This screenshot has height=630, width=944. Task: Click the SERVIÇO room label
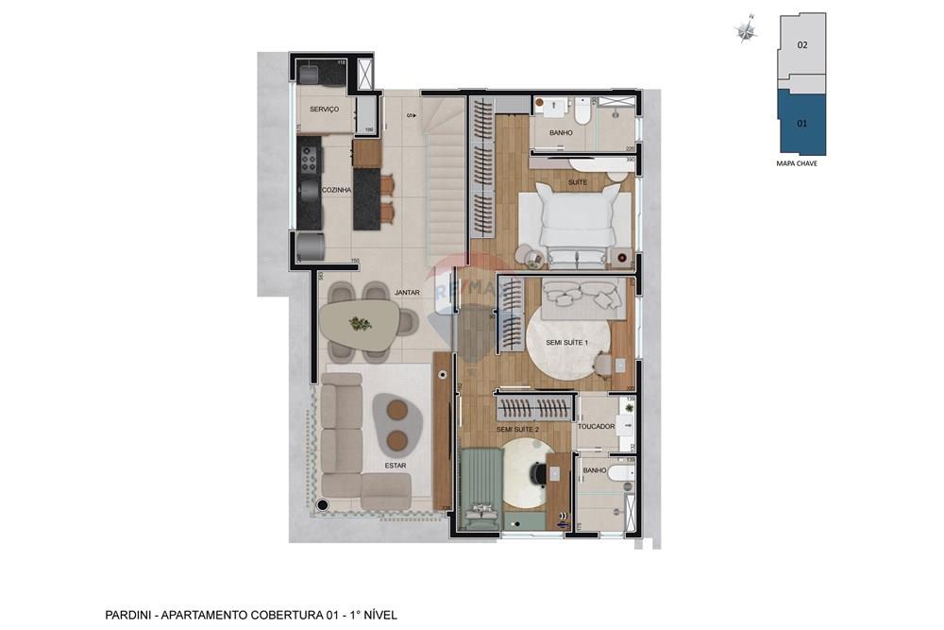click(x=324, y=110)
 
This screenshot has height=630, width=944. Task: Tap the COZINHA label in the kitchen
click(x=336, y=190)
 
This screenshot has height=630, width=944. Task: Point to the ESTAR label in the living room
click(x=396, y=465)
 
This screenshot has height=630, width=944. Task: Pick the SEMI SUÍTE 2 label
click(x=517, y=430)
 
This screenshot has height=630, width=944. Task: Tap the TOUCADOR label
click(x=597, y=427)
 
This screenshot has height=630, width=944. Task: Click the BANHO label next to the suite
click(x=561, y=133)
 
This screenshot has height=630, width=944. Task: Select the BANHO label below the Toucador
click(x=595, y=470)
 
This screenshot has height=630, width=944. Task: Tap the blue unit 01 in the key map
click(x=801, y=124)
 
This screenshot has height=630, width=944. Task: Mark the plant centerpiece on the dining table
click(x=360, y=323)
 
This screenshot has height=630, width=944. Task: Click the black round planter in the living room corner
click(x=323, y=505)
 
